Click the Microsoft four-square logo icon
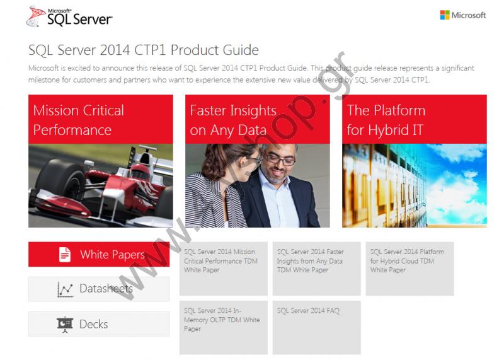pos(445,15)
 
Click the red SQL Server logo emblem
pos(35,16)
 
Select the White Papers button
pos(99,254)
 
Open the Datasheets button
pos(99,289)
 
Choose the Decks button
pos(99,324)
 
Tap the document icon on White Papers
pos(65,255)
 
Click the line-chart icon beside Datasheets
pos(65,289)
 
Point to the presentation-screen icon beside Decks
pos(65,324)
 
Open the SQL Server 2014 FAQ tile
pos(317,327)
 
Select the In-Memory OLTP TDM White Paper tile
pos(224,327)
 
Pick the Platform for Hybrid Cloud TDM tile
pos(410,269)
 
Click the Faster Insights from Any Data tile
pos(317,269)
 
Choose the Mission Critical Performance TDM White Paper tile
pos(224,269)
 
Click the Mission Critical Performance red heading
pos(78,120)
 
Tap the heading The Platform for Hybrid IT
pos(386,120)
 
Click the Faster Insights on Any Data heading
pos(233,120)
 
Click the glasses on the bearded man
pos(279,159)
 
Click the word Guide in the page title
pos(241,50)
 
